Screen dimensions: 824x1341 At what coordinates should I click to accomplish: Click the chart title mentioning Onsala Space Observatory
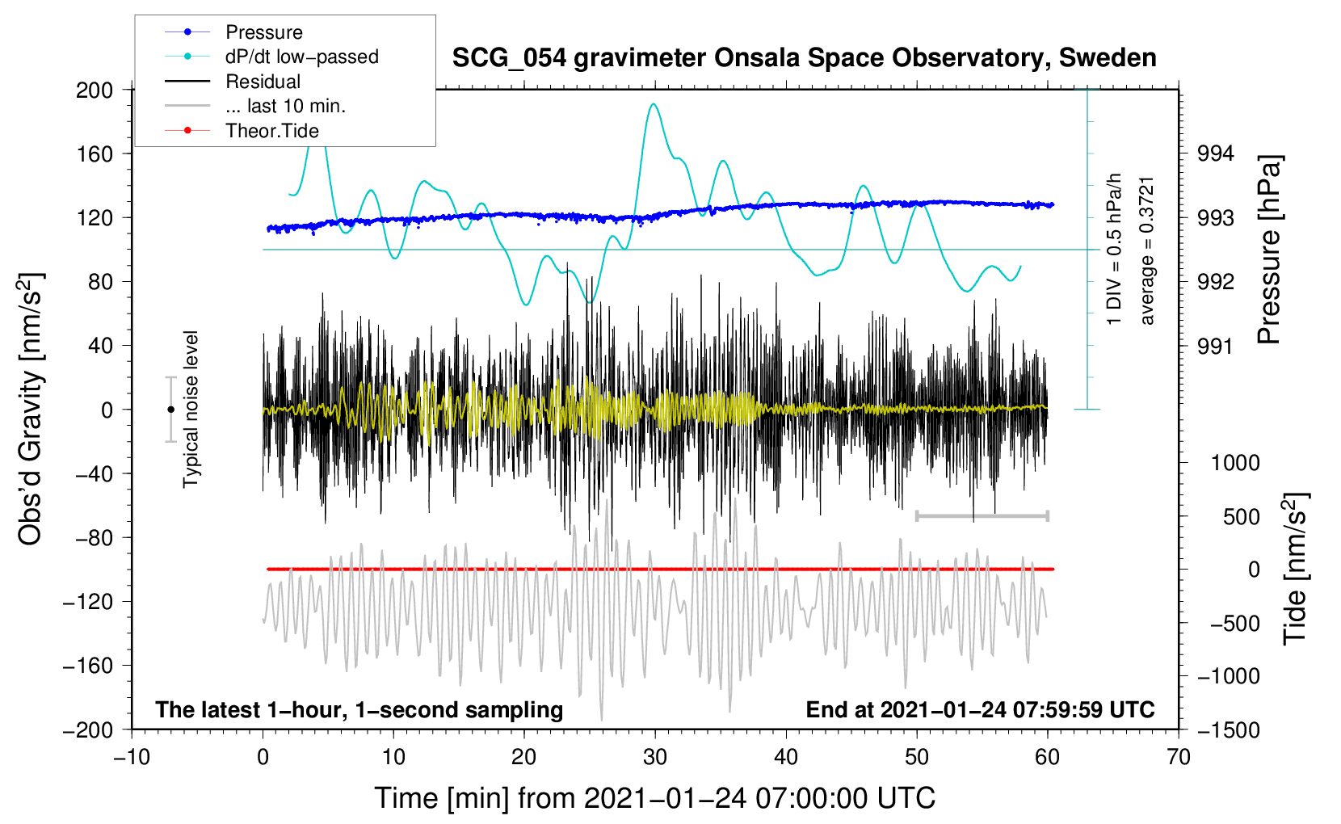804,58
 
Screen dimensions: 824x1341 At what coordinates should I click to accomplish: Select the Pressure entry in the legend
263,32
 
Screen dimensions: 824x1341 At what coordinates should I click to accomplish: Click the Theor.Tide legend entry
271,131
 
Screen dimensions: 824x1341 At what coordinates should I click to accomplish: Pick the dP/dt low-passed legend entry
301,57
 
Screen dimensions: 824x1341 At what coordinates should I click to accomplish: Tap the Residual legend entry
263,82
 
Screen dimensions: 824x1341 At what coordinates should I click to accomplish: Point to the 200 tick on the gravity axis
95,90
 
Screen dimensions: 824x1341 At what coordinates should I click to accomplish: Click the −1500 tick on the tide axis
1228,729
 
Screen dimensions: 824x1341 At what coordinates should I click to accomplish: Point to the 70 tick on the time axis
1179,757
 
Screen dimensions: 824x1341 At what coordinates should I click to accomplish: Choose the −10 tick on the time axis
132,757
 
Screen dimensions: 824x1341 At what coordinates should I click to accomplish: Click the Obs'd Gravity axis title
31,409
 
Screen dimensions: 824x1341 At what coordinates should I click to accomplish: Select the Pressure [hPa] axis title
1270,250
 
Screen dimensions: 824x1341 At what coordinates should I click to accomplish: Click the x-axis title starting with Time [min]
654,798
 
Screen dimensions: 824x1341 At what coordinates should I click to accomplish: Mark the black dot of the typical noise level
170,410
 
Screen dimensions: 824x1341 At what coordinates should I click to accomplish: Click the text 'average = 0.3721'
1147,250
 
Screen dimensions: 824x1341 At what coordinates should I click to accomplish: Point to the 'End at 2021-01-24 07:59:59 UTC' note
980,709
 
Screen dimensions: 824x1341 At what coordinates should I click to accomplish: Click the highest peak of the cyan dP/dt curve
654,104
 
